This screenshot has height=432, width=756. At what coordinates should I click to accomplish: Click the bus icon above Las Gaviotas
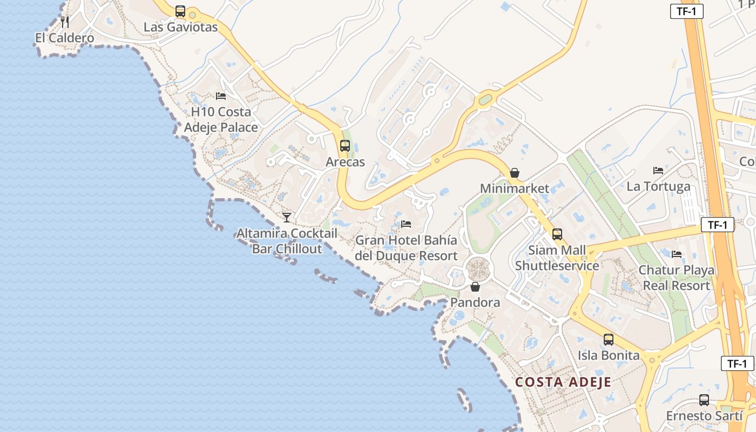(x=180, y=11)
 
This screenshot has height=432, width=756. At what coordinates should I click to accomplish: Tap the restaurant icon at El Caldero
(x=65, y=22)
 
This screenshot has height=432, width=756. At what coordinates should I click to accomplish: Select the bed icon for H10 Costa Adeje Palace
(x=221, y=96)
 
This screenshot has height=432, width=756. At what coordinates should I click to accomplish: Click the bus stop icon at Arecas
(x=345, y=146)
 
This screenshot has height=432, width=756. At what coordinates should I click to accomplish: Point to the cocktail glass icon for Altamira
(x=287, y=217)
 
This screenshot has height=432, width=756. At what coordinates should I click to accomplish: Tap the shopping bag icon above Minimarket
(x=515, y=173)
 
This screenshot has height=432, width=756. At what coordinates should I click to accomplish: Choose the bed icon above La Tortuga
(x=658, y=171)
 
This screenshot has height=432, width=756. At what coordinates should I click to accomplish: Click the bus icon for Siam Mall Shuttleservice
(x=557, y=234)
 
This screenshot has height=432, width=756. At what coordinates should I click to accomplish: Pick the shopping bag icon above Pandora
(x=475, y=287)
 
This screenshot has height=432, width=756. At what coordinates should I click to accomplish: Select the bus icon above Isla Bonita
(x=609, y=340)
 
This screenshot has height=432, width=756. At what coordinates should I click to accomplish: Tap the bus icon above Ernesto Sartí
(x=704, y=400)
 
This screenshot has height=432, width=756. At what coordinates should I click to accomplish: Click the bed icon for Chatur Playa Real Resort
(x=677, y=254)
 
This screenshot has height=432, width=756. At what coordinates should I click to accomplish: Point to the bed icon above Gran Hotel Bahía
(x=406, y=224)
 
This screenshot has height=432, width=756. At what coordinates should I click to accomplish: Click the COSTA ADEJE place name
(x=563, y=382)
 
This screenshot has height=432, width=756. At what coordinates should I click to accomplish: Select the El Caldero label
(x=65, y=38)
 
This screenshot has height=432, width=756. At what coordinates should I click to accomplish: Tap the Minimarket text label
(x=515, y=188)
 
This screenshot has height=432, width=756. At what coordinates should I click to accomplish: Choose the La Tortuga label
(x=658, y=187)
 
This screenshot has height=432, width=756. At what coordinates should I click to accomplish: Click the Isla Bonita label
(x=609, y=355)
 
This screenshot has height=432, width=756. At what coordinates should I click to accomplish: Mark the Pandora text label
(x=475, y=302)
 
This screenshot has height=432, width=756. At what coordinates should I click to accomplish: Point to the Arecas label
(x=345, y=162)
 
